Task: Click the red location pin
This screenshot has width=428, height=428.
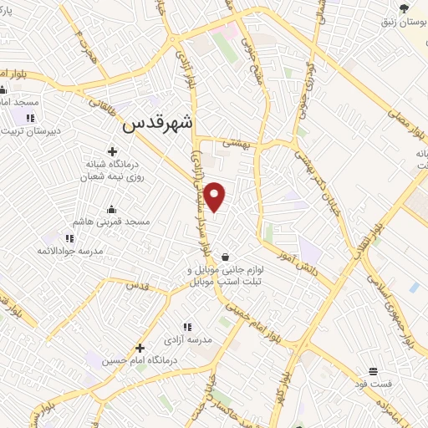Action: coord(216,196)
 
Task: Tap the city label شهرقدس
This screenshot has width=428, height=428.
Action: coord(157,124)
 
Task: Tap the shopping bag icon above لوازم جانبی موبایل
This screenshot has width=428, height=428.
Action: coord(225,256)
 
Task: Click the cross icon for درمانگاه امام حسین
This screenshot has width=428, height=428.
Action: coord(140,348)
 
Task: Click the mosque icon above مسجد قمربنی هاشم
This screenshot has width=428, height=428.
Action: coord(111,209)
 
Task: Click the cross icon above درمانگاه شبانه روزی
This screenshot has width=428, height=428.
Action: coord(112,151)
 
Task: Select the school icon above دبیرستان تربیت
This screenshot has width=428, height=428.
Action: coord(31,118)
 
